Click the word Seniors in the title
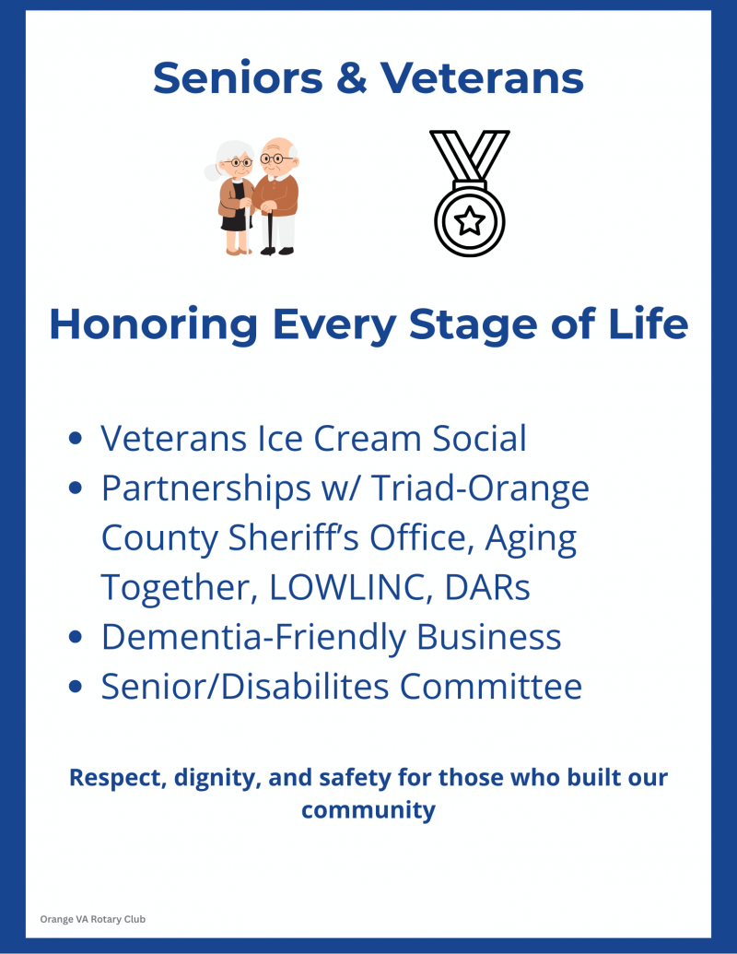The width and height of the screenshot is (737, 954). [x=238, y=77]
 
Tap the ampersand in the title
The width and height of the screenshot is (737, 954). [x=352, y=77]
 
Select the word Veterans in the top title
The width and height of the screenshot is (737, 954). [x=482, y=77]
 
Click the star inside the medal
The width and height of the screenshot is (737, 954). [x=470, y=220]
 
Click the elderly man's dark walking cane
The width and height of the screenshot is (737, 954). [x=269, y=232]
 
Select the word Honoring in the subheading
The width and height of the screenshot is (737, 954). [x=153, y=324]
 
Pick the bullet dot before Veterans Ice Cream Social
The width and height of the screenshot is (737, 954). [x=76, y=438]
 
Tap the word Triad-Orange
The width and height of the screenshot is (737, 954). [x=480, y=488]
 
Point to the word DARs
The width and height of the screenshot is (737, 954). [x=487, y=587]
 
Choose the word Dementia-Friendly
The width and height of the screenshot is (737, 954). [x=253, y=637]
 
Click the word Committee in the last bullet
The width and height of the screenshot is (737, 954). [x=491, y=687]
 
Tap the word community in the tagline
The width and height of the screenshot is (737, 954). [x=368, y=810]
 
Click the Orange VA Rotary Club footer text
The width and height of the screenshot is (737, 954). [x=93, y=919]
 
